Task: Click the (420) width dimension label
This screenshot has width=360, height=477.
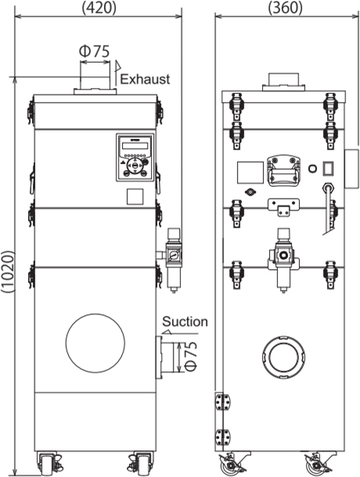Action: pos(99,8)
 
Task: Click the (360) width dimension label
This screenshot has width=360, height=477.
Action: pos(286,8)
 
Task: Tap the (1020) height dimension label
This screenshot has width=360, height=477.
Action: pos(8,271)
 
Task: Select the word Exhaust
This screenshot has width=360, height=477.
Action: pos(145,79)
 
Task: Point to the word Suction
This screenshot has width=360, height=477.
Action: pos(185,321)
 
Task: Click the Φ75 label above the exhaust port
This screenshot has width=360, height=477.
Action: pos(94,51)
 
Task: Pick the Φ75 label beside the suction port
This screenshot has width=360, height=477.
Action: pos(191,357)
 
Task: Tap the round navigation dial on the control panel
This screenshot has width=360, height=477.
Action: pos(135,166)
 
